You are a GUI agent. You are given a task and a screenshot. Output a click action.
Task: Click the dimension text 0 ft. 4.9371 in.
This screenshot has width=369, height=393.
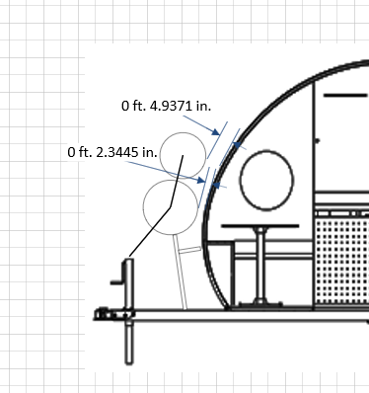(166, 106)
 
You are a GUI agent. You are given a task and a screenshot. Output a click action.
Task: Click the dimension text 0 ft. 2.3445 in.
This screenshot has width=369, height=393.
(112, 152)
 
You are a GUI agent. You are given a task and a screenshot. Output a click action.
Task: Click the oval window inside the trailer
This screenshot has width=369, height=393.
(241, 180)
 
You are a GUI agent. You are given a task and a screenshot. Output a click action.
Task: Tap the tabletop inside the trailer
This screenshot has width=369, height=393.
(260, 226)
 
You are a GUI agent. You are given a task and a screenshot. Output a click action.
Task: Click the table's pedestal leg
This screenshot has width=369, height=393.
(260, 264)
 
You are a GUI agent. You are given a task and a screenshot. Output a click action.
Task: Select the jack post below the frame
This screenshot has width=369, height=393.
(129, 343)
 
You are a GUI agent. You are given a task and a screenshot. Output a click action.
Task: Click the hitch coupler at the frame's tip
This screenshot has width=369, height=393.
(103, 314)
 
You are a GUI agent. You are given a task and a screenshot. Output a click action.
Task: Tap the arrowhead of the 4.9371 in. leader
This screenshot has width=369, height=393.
(216, 132)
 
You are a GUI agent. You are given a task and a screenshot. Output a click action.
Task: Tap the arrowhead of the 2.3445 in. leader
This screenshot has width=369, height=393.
(201, 180)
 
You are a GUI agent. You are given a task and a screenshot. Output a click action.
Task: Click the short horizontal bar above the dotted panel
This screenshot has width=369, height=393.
(345, 96)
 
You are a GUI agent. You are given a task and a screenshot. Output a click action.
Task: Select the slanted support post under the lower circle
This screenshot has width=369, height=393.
(181, 273)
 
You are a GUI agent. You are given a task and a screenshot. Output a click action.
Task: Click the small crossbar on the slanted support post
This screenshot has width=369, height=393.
(189, 250)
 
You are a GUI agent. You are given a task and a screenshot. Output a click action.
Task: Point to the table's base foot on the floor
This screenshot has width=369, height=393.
(260, 303)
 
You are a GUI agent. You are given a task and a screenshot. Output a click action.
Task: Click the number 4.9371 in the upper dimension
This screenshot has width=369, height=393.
(171, 106)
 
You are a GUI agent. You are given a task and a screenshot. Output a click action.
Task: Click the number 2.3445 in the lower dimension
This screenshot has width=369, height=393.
(116, 152)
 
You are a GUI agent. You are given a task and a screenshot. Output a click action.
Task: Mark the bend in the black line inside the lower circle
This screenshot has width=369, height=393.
(170, 207)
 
